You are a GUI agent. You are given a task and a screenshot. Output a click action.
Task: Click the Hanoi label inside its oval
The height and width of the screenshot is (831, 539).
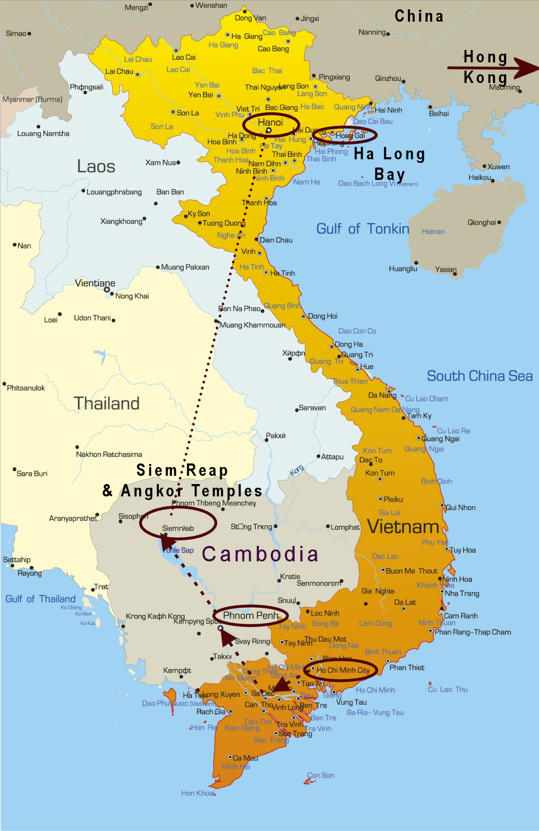click(x=270, y=122)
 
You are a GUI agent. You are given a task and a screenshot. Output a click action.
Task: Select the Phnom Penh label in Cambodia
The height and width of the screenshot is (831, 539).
click(x=251, y=615)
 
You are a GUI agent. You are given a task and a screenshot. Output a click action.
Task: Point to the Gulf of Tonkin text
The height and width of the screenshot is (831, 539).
click(x=363, y=229)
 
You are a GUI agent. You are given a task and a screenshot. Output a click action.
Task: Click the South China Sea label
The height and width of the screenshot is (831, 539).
click(x=479, y=376)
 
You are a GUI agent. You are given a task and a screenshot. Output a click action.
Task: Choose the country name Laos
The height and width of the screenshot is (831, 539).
click(x=96, y=167)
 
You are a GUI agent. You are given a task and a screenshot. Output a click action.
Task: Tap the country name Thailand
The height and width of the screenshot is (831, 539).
click(x=106, y=403)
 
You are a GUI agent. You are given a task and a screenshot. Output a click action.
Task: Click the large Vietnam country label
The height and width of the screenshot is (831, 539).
click(x=403, y=526)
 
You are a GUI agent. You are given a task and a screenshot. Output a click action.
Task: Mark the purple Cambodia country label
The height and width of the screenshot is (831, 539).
click(x=260, y=554)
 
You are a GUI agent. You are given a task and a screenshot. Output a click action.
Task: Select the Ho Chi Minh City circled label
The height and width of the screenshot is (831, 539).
click(x=343, y=670)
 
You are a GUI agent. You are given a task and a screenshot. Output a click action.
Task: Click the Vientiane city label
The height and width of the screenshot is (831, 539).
click(x=95, y=283)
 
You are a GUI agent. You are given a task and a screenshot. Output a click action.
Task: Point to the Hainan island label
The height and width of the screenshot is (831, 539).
click(x=433, y=231)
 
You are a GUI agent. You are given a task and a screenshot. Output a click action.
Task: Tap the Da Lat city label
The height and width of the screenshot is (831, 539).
click(x=405, y=602)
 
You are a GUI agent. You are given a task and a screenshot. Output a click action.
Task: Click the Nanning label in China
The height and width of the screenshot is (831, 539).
click(x=372, y=32)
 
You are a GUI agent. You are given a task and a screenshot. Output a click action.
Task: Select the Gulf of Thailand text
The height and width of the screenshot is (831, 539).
click(x=40, y=599)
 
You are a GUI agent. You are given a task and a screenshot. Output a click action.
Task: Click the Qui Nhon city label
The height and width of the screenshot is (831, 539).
click(x=461, y=507)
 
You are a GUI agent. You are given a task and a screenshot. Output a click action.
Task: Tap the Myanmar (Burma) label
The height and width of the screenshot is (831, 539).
click(x=32, y=99)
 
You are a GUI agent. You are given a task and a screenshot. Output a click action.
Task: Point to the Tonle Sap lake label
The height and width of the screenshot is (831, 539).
click(x=178, y=550)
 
